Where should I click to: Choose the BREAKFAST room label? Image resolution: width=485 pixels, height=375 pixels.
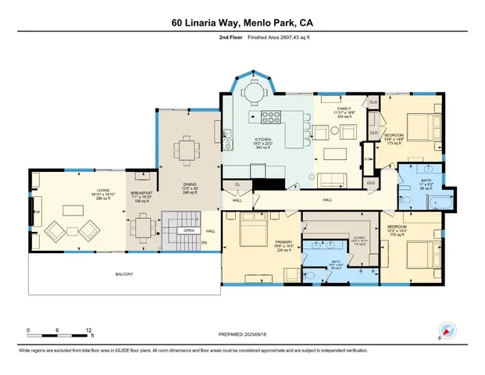coord(141,195)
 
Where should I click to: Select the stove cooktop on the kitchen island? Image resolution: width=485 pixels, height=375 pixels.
coord(270,118)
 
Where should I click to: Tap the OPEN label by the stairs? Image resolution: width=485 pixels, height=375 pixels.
coord(188,231)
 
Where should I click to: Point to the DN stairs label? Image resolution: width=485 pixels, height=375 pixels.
coord(205,242)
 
